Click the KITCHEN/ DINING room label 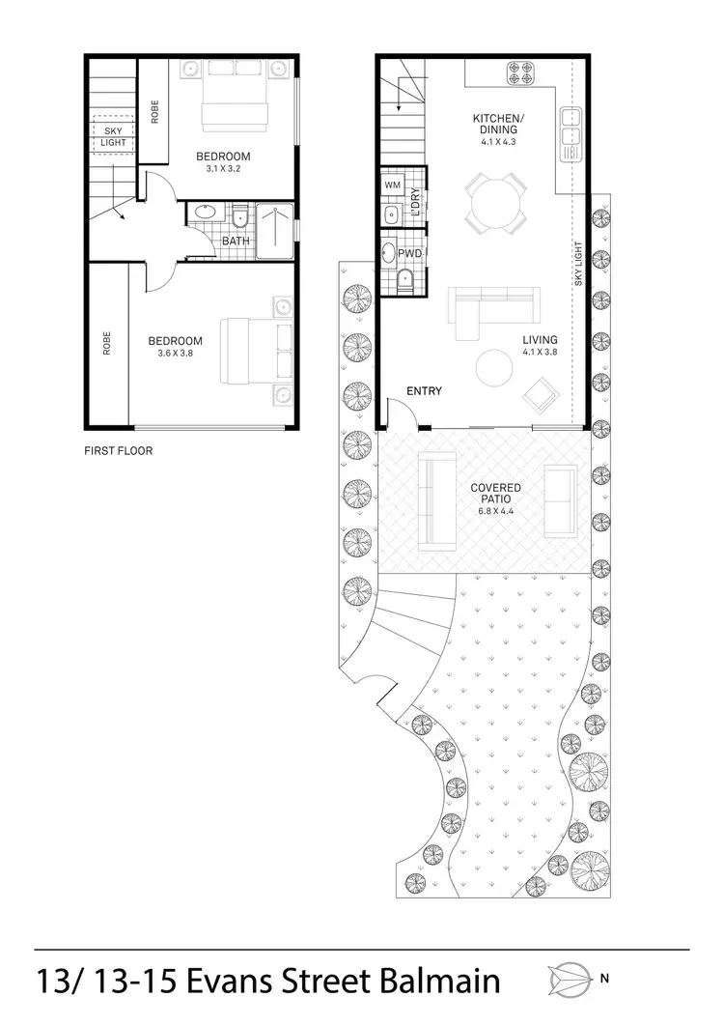pyautogui.click(x=495, y=124)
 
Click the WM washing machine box pyautogui.click(x=393, y=185)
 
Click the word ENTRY pyautogui.click(x=424, y=391)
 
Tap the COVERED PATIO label pyautogui.click(x=495, y=495)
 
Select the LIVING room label pyautogui.click(x=540, y=340)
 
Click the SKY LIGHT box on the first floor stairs pyautogui.click(x=114, y=136)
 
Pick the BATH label pyautogui.click(x=237, y=242)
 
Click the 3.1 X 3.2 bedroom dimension pyautogui.click(x=223, y=168)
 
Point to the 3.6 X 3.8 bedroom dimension pyautogui.click(x=175, y=354)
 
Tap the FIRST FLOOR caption pyautogui.click(x=119, y=451)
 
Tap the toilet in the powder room pyautogui.click(x=405, y=280)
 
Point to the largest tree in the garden pyautogui.click(x=588, y=772)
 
